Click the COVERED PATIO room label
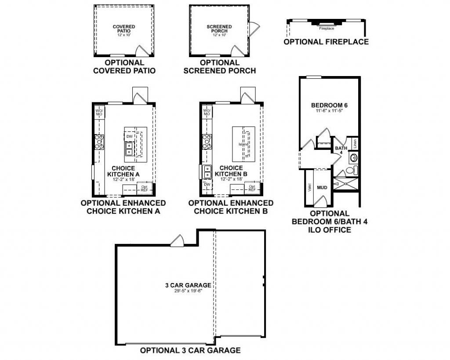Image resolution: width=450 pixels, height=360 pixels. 123,29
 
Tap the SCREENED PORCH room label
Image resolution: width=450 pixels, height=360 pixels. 219,29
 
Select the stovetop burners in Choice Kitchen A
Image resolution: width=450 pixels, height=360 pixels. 100,142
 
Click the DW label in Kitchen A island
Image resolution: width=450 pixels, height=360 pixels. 129,137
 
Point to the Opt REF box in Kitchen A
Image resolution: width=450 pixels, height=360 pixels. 144,189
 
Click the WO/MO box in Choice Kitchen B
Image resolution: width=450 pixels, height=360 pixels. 207,112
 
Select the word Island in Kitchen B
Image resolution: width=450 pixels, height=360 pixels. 243,144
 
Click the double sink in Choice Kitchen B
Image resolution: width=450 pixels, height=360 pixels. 207,171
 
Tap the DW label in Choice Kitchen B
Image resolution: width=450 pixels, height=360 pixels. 207,185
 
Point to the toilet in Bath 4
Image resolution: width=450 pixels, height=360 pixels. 352,171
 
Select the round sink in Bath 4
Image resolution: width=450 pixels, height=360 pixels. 354,157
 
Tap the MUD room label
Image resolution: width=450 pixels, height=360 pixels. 322,188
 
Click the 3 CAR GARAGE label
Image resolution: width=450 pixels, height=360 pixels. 188,285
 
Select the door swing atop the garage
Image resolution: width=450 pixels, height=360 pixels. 178,241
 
